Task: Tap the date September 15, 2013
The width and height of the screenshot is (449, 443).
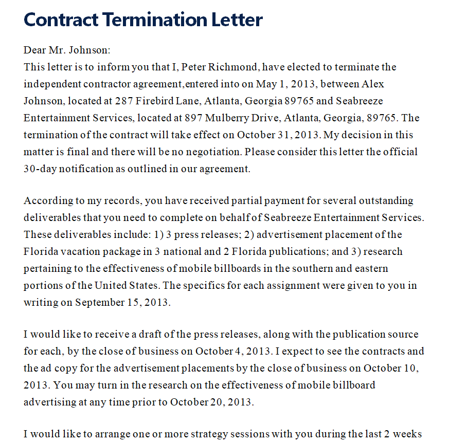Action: tap(122, 303)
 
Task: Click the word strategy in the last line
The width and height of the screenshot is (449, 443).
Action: tap(199, 434)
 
